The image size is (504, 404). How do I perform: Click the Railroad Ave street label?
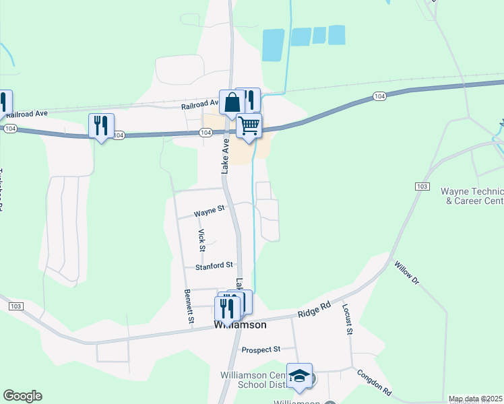point(200,106)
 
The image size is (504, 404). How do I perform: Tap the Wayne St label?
point(209,212)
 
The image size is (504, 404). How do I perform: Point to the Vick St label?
point(201,237)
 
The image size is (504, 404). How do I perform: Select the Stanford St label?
point(214,267)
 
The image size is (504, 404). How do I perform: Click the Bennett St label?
point(188,306)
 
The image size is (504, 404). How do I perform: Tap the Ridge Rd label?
point(315,310)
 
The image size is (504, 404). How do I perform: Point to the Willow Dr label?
point(406,274)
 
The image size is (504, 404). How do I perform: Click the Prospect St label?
point(261,350)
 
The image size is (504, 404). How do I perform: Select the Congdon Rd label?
point(374,382)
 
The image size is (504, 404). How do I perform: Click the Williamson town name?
point(240,325)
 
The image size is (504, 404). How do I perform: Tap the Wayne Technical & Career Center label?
point(472,196)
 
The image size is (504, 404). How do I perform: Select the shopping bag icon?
point(232,103)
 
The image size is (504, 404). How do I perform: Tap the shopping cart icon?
point(249,126)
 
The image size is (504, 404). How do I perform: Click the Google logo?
point(22,396)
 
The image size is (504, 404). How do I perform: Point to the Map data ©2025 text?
point(475,399)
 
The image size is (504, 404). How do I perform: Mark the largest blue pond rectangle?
point(272,45)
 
